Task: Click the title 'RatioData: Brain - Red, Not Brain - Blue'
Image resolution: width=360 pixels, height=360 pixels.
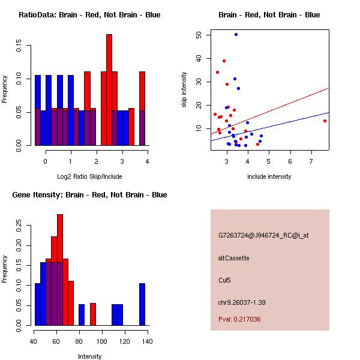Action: tap(89, 15)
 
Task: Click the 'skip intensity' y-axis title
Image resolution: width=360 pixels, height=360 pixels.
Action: tap(184, 90)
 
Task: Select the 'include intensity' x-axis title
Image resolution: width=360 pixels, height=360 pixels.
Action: tap(269, 176)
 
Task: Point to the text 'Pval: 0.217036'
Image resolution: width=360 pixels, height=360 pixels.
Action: tap(248, 320)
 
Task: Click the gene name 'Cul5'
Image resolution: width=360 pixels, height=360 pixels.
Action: tap(226, 280)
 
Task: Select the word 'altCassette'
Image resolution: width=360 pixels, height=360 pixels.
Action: tap(234, 258)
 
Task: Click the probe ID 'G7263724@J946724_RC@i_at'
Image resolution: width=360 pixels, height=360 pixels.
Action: tap(263, 236)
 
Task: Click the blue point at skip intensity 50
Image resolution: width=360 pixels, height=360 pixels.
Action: tap(236, 35)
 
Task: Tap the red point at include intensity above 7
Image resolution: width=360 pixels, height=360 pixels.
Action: tap(325, 121)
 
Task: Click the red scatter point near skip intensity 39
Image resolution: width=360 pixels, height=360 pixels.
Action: tap(224, 61)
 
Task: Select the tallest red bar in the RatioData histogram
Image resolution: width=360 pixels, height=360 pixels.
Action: tap(109, 90)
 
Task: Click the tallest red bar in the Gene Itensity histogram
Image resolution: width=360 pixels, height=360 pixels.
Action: tap(60, 270)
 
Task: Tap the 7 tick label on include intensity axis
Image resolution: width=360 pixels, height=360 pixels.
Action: tap(311, 161)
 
